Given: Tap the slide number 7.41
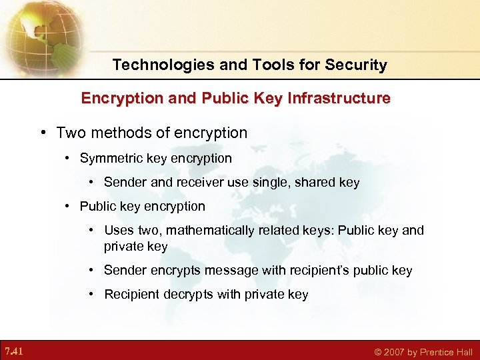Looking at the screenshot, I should [x=14, y=351].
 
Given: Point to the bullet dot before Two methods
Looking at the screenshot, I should [x=43, y=133].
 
